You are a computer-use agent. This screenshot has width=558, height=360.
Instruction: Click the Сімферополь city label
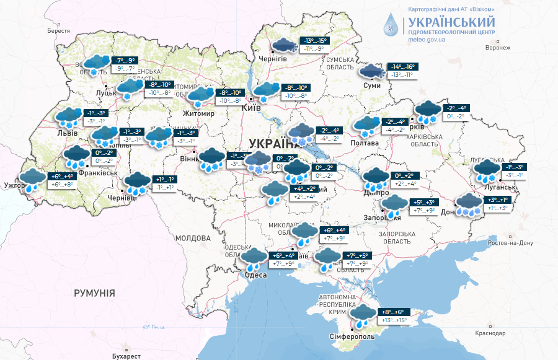[351, 336]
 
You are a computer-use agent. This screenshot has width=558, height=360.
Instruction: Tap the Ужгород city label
[15, 185]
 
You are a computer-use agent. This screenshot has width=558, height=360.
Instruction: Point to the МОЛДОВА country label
[192, 238]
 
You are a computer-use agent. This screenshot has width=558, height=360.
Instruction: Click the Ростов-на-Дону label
[511, 243]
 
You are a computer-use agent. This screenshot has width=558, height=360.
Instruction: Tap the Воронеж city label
[498, 48]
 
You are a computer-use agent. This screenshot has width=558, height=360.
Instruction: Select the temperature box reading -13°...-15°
[314, 40]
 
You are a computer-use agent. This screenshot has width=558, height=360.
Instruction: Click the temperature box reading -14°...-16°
[402, 66]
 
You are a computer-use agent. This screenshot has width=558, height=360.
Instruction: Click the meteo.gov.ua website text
[427, 39]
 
